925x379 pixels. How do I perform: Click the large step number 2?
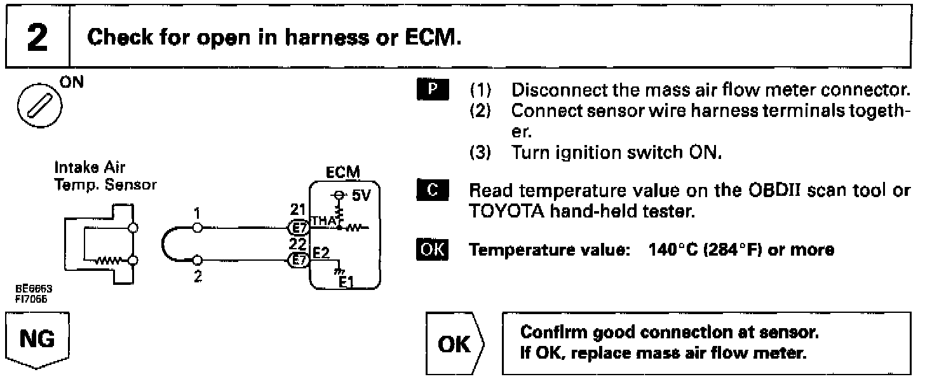[36, 38]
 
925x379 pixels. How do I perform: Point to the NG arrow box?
[36, 341]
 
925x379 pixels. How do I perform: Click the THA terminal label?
[321, 220]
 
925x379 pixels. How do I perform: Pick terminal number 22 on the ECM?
[297, 244]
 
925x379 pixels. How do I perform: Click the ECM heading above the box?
[343, 173]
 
